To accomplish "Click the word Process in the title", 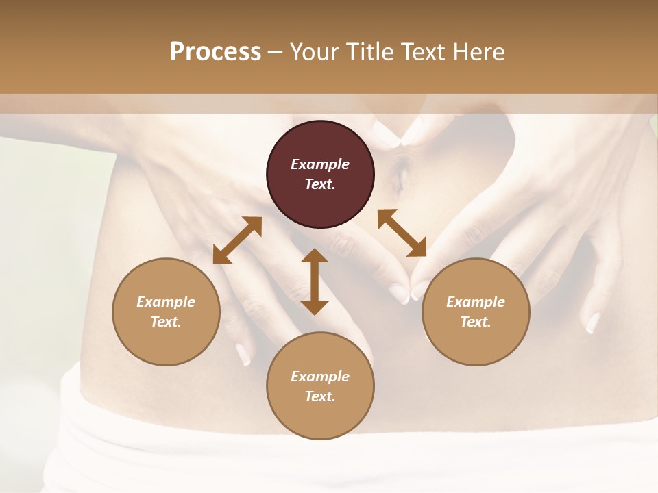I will pyautogui.click(x=215, y=52).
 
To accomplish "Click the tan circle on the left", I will pyautogui.click(x=166, y=312).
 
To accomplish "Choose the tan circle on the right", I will pyautogui.click(x=476, y=312).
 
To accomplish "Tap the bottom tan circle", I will pyautogui.click(x=320, y=385).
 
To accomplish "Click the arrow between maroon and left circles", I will pyautogui.click(x=237, y=240).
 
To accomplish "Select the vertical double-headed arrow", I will pyautogui.click(x=315, y=281).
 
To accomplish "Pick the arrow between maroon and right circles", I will pyautogui.click(x=402, y=233).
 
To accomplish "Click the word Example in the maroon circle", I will pyautogui.click(x=320, y=164).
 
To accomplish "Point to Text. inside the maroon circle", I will pyautogui.click(x=320, y=184).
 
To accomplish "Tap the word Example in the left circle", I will pyautogui.click(x=166, y=302).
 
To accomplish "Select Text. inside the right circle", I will pyautogui.click(x=476, y=322).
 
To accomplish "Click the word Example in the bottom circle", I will pyautogui.click(x=320, y=377).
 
